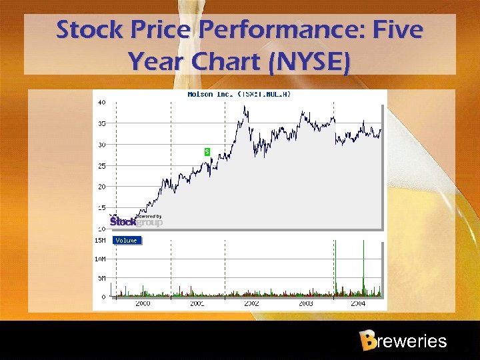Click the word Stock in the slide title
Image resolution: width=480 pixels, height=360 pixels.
(x=89, y=30)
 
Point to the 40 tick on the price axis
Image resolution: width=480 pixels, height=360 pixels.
(x=101, y=103)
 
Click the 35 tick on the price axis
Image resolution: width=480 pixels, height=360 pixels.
(x=101, y=123)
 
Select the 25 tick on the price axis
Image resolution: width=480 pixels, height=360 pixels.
(x=101, y=166)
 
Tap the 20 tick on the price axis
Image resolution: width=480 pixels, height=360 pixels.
(x=101, y=187)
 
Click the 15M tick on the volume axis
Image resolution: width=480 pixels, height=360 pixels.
(x=101, y=240)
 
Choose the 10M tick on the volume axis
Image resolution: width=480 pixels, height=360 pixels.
(x=101, y=259)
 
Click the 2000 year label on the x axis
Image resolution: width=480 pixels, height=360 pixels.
(x=143, y=303)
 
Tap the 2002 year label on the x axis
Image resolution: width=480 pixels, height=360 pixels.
(x=251, y=303)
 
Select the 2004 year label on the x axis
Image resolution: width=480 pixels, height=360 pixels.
(x=359, y=303)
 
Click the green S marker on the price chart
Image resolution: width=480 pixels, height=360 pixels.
(x=207, y=152)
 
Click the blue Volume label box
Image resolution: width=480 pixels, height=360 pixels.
(x=127, y=240)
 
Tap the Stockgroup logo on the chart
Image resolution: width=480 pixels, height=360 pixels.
(x=136, y=221)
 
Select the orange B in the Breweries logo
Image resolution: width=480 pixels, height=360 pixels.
(x=367, y=341)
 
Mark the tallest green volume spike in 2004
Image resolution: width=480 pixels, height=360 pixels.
(x=363, y=267)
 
